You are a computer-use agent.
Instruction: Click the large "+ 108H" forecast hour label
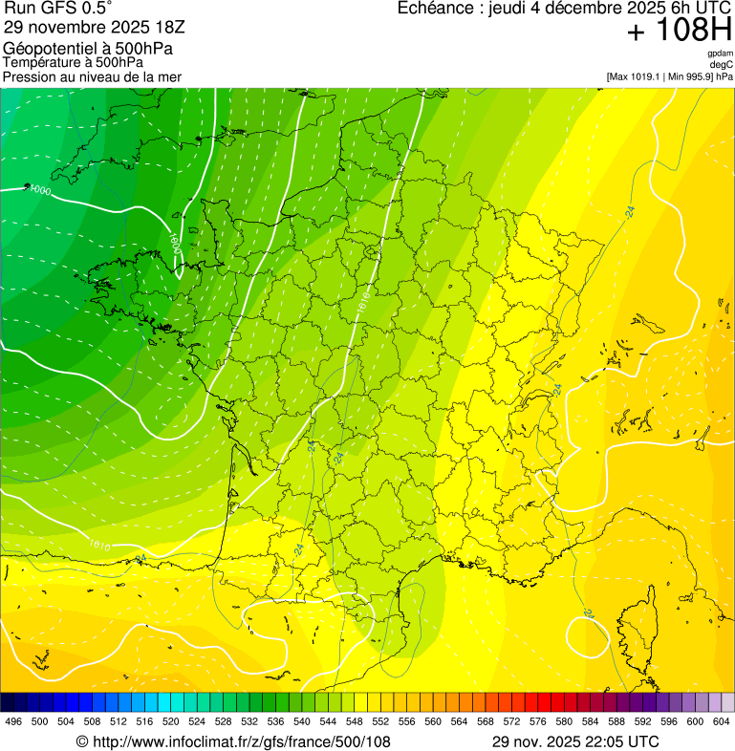[679, 32]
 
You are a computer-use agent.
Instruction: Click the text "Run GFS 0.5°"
[58, 9]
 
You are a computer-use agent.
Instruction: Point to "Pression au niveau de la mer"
[92, 76]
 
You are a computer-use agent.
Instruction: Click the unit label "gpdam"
[720, 54]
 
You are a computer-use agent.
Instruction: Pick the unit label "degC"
[722, 65]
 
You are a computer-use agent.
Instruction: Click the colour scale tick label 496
[13, 721]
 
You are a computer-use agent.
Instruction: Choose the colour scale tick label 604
[721, 721]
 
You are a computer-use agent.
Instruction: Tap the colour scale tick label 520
[170, 721]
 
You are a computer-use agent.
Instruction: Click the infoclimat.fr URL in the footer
[233, 741]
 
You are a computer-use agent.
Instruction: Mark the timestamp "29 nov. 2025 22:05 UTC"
[575, 741]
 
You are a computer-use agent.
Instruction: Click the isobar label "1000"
[40, 191]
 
